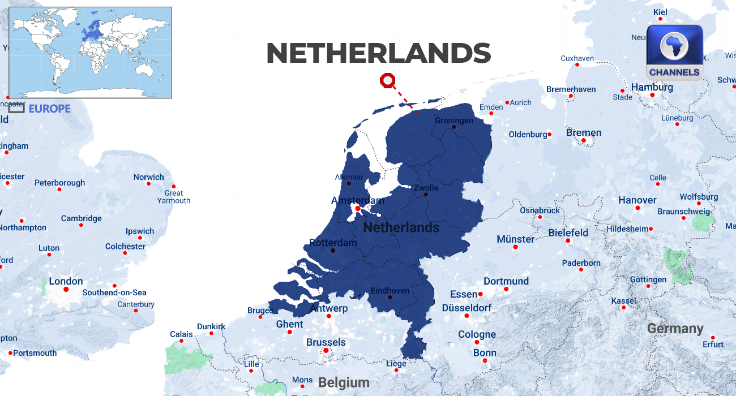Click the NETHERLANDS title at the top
pyautogui.click(x=378, y=54)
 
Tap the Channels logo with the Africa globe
pyautogui.click(x=674, y=53)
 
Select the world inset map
pyautogui.click(x=91, y=53)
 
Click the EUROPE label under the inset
pyautogui.click(x=50, y=109)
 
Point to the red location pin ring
pyautogui.click(x=388, y=81)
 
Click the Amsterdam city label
pyautogui.click(x=357, y=200)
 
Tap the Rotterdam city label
pyautogui.click(x=333, y=243)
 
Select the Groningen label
pyautogui.click(x=453, y=120)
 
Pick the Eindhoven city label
pyautogui.click(x=390, y=291)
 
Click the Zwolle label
pyautogui.click(x=426, y=188)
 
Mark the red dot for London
pyautogui.click(x=66, y=290)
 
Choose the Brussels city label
pyautogui.click(x=326, y=342)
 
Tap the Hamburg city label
pyautogui.click(x=652, y=87)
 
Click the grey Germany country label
pyautogui.click(x=675, y=329)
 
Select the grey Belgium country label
pyautogui.click(x=344, y=383)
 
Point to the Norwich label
pyautogui.click(x=148, y=177)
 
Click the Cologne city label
pyautogui.click(x=477, y=334)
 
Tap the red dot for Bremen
pyautogui.click(x=583, y=140)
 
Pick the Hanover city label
pyautogui.click(x=637, y=200)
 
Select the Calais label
pyautogui.click(x=181, y=334)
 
